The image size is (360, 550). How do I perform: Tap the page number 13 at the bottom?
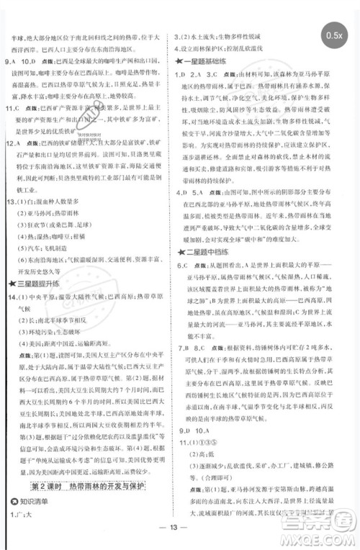point(180,541)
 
